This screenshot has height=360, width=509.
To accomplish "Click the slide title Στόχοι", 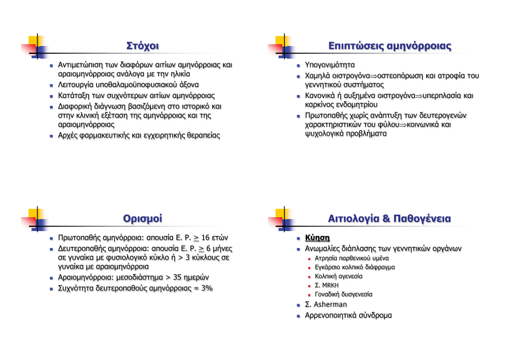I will pos(143,46).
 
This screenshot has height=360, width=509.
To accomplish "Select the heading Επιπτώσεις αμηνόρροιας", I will pos(390,46).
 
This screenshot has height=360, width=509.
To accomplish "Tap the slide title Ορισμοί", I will pos(143,218).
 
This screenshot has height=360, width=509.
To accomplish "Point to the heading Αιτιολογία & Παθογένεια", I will pos(390,218).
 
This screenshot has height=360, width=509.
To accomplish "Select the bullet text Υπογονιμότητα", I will pos(329,65).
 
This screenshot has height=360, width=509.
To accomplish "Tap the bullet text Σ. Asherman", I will pos(326,304).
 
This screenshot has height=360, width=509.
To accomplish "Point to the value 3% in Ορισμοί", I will pos(207,289).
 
